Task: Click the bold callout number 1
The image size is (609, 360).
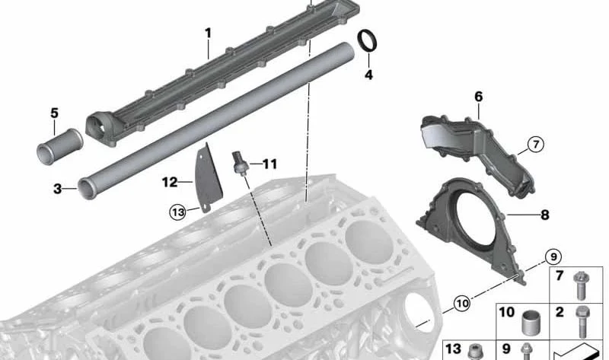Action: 208,33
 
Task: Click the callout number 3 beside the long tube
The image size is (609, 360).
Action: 58,189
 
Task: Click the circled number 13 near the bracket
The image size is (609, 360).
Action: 177,212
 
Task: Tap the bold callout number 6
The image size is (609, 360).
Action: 479,97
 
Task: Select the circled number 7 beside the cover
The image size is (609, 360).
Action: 536,145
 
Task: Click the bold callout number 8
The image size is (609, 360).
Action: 545,215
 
